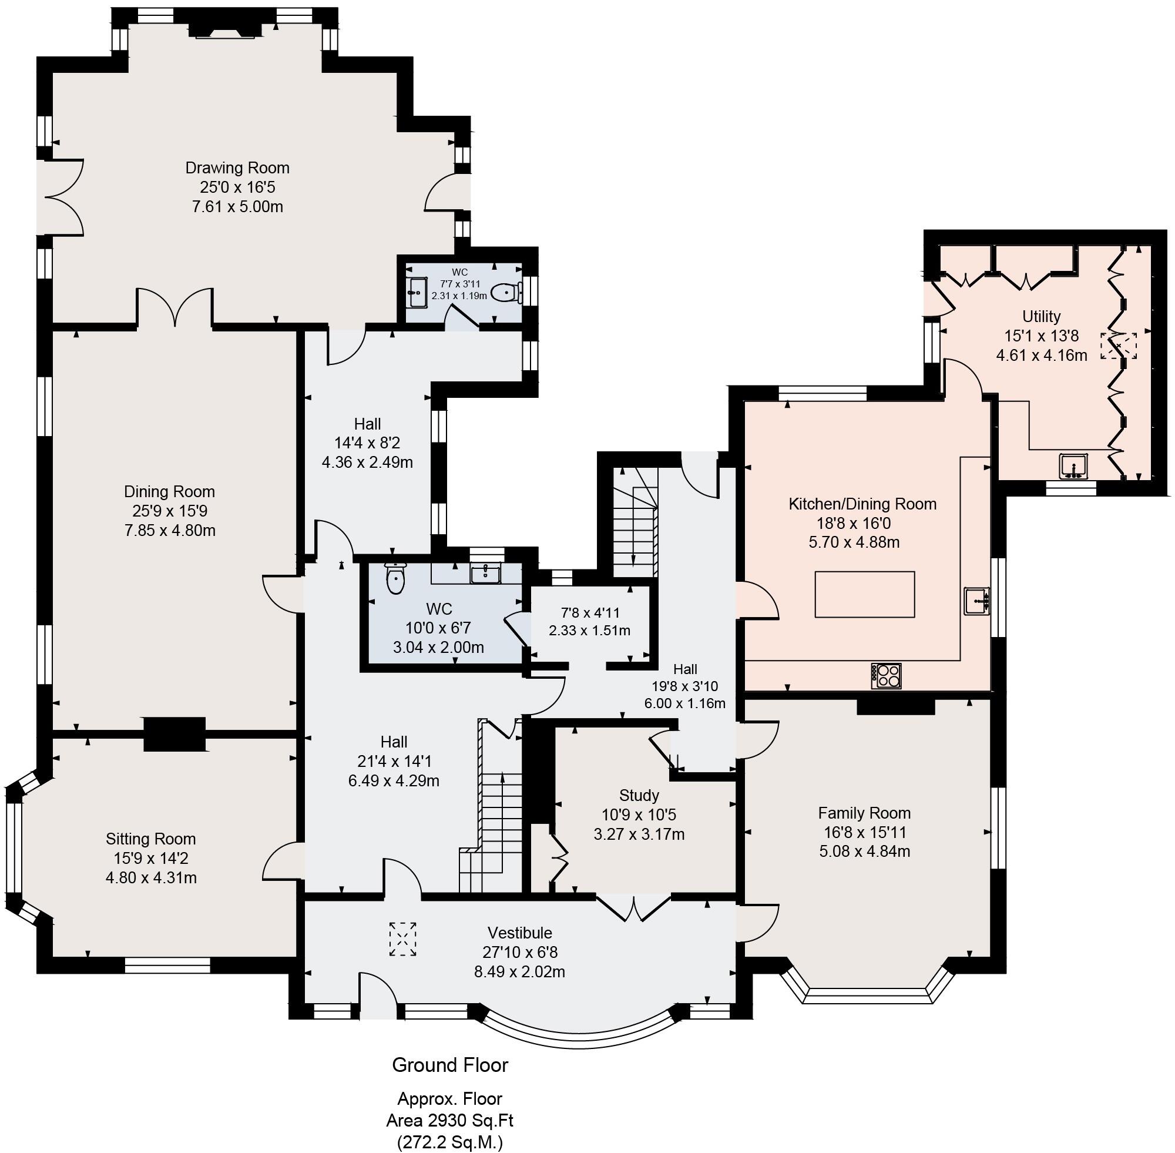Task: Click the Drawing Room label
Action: coord(237,167)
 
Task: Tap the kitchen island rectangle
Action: coord(864,594)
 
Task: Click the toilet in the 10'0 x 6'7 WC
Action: coord(395,579)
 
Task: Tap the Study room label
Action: coord(639,795)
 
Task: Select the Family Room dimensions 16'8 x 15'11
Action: coord(864,832)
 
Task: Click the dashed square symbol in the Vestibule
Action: coord(402,939)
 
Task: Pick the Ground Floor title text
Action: coord(450,1065)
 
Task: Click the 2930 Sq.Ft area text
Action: coord(449,1120)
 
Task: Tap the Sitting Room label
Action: coord(151,839)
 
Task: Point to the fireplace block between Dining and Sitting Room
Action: coord(174,734)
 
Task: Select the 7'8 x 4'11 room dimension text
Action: coord(589,613)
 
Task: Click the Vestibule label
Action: coord(519,933)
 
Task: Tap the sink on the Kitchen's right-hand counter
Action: coord(976,601)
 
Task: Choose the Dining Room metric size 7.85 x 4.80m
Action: coord(170,531)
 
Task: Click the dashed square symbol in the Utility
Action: coord(1118,345)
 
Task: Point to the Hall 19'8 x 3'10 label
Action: coord(684,669)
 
